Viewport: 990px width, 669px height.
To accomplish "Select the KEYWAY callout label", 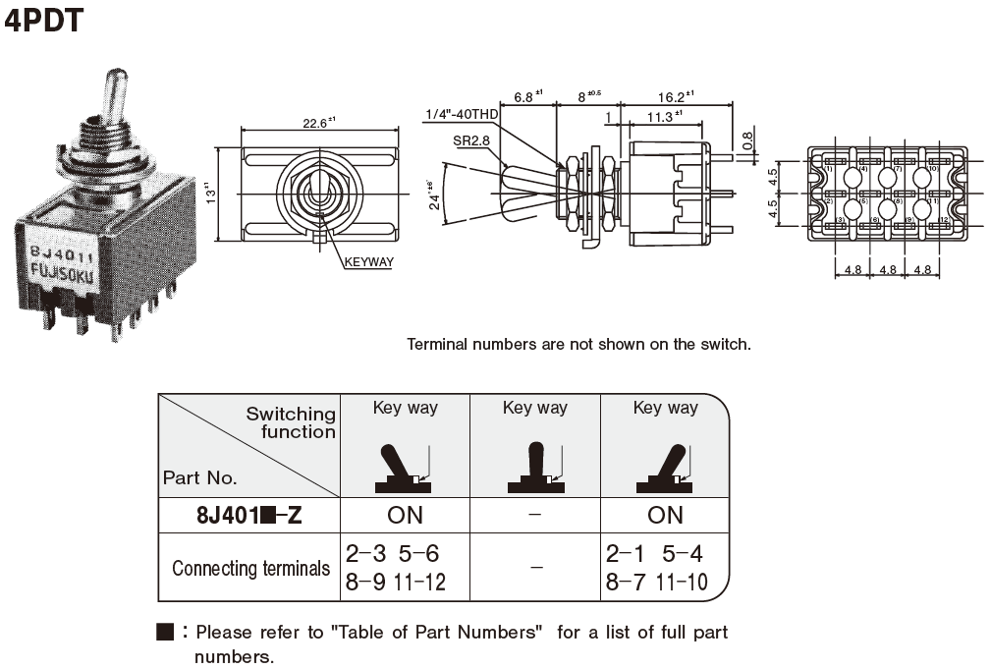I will click(x=369, y=262).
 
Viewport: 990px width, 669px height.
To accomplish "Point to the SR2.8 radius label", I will click(x=471, y=140).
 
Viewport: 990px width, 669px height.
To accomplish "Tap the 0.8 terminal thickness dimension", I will click(x=749, y=141).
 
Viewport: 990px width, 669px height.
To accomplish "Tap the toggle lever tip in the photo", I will click(x=114, y=84).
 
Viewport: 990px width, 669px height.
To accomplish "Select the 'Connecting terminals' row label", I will click(x=250, y=568).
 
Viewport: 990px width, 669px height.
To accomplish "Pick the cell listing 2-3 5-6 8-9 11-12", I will click(x=395, y=568).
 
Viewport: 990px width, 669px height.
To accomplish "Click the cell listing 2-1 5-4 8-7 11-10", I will click(x=656, y=568).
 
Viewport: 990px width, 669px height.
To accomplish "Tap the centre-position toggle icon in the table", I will click(x=535, y=469).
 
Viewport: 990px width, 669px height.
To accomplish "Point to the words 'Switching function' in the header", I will click(x=291, y=422).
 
